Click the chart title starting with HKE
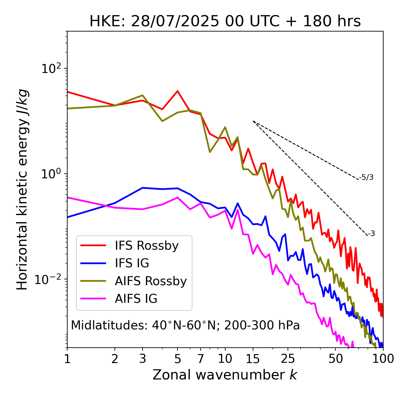pos(225,22)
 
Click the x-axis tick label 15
pos(253,359)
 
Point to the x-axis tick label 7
pos(201,359)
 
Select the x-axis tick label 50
pos(336,359)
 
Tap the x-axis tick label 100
pos(383,359)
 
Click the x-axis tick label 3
pos(143,359)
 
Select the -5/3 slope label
pos(366,178)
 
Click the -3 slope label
pos(371,234)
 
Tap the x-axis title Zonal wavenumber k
pos(225,375)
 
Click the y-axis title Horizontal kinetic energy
pos(23,189)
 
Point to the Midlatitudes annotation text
pos(185,325)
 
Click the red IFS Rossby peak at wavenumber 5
pos(177,91)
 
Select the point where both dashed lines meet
pos(253,121)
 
